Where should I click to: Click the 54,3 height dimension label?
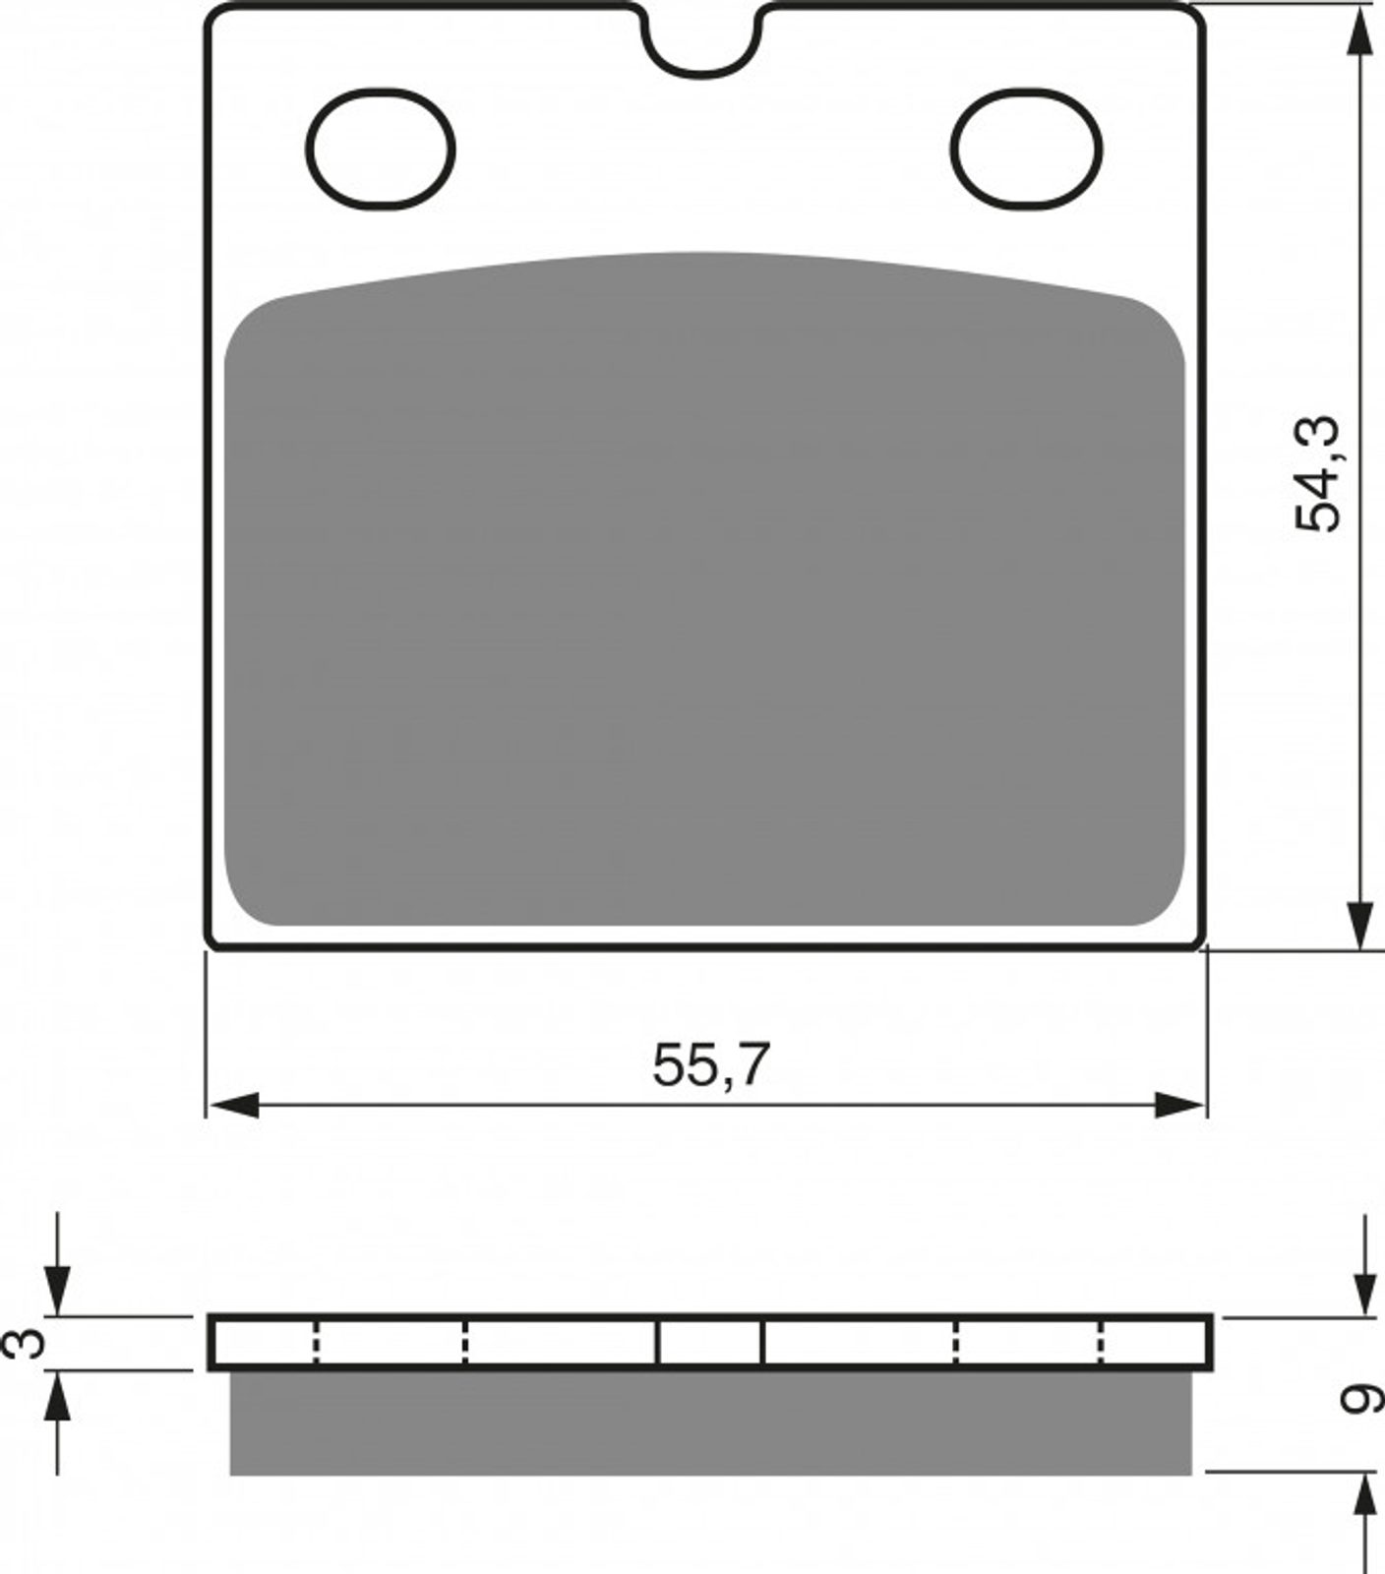coord(1317,474)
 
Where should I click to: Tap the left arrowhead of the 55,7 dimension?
coord(234,1105)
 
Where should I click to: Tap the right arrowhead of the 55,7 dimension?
coord(1178,1105)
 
